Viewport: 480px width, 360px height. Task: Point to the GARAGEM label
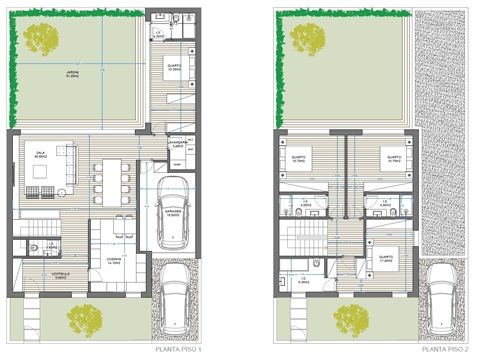pyautogui.click(x=173, y=212)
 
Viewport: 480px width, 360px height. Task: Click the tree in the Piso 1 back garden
pyautogui.click(x=42, y=39)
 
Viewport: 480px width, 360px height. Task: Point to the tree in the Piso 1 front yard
pyautogui.click(x=82, y=321)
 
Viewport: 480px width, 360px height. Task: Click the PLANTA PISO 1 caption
pyautogui.click(x=179, y=351)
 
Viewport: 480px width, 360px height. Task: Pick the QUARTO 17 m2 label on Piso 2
pyautogui.click(x=387, y=257)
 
